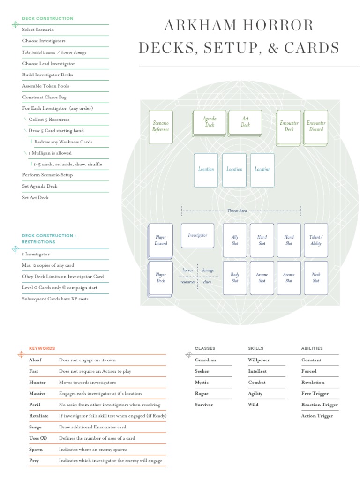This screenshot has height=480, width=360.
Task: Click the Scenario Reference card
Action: click(x=161, y=127)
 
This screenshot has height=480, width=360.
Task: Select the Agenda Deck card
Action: click(x=209, y=123)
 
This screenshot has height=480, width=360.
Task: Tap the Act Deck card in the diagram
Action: click(x=245, y=123)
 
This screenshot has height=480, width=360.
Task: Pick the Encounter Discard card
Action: click(x=316, y=127)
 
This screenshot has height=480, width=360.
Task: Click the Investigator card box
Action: click(x=197, y=235)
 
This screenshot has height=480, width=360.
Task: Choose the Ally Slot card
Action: click(x=235, y=240)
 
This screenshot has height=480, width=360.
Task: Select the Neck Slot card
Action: click(x=316, y=277)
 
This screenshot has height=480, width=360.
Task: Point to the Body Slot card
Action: click(x=235, y=277)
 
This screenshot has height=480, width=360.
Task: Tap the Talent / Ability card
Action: click(x=316, y=240)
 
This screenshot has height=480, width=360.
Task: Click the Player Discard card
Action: click(x=160, y=241)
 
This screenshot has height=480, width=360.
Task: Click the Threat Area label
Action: click(x=237, y=211)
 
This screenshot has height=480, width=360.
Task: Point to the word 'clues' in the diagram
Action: click(x=207, y=282)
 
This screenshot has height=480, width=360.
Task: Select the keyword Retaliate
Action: click(x=39, y=416)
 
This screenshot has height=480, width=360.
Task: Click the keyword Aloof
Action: click(x=35, y=360)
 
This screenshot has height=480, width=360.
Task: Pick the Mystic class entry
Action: click(x=202, y=382)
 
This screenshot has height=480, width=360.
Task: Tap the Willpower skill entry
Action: click(x=259, y=360)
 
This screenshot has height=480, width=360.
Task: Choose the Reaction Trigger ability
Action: click(x=320, y=405)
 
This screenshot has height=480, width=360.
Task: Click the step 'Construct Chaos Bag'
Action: click(x=45, y=97)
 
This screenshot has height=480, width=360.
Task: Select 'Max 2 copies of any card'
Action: click(x=48, y=265)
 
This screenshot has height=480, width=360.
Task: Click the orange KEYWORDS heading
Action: click(x=42, y=348)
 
